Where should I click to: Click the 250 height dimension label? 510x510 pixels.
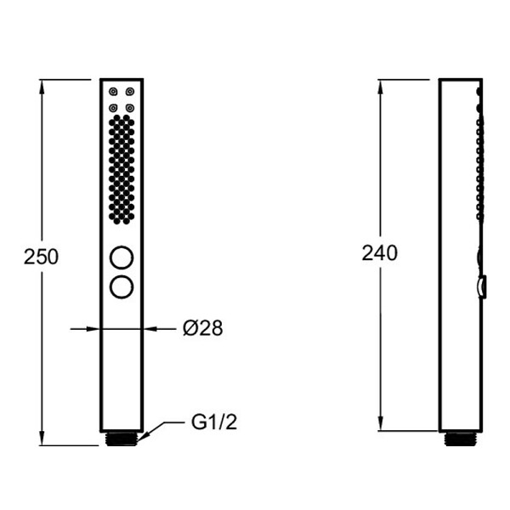[x=42, y=257]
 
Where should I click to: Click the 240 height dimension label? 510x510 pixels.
[x=380, y=252]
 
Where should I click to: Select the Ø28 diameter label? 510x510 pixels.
[x=203, y=328]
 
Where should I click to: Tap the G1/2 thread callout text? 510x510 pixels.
[x=214, y=422]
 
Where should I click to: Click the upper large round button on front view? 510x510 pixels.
[x=122, y=258]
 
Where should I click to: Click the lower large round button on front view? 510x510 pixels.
[x=122, y=287]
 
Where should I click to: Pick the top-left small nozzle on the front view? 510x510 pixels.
[x=113, y=92]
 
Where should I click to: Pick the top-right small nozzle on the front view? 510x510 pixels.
[x=130, y=92]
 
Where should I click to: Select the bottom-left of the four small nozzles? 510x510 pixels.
[x=113, y=108]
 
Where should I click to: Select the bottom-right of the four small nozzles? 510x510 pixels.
[x=130, y=108]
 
